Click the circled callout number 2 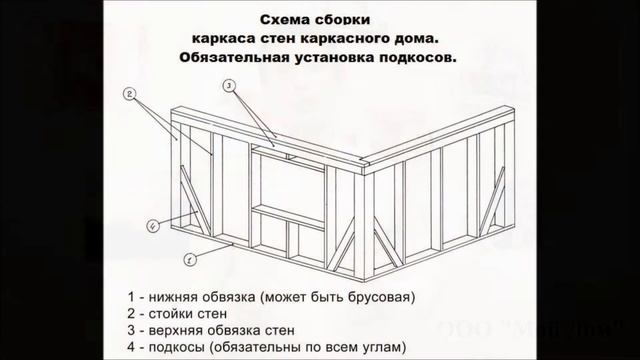tap(130, 94)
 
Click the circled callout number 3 tap(229, 87)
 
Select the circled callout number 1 tap(189, 259)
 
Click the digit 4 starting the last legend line tap(131, 348)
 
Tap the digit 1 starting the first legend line tap(131, 297)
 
